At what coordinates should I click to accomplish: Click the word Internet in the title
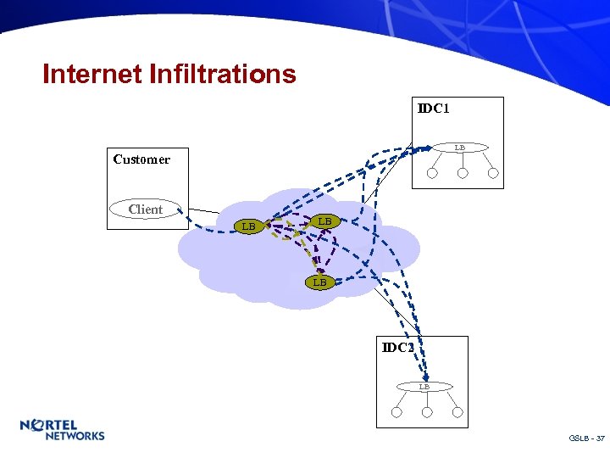pyautogui.click(x=92, y=75)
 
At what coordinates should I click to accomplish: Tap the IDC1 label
pyautogui.click(x=433, y=109)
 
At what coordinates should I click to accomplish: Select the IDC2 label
pyautogui.click(x=397, y=348)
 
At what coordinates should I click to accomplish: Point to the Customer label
pyautogui.click(x=141, y=159)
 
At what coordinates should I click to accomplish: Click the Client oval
pyautogui.click(x=146, y=209)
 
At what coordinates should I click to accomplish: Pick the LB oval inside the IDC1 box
pyautogui.click(x=459, y=148)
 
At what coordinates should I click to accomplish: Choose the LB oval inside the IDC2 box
pyautogui.click(x=424, y=387)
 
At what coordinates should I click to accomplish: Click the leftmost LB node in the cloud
pyautogui.click(x=248, y=226)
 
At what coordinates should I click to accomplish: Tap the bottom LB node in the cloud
pyautogui.click(x=319, y=282)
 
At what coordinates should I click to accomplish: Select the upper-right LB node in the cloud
pyautogui.click(x=324, y=221)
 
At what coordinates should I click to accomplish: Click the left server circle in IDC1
pyautogui.click(x=432, y=174)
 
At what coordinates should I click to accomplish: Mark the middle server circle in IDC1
pyautogui.click(x=463, y=174)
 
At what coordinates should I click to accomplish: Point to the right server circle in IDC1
pyautogui.click(x=491, y=174)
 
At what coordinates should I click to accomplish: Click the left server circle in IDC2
pyautogui.click(x=396, y=413)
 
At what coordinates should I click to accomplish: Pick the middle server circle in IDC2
pyautogui.click(x=427, y=413)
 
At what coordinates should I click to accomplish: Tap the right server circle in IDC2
pyautogui.click(x=457, y=413)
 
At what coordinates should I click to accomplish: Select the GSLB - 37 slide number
pyautogui.click(x=587, y=438)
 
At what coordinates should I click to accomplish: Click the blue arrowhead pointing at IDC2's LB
pyautogui.click(x=427, y=378)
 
